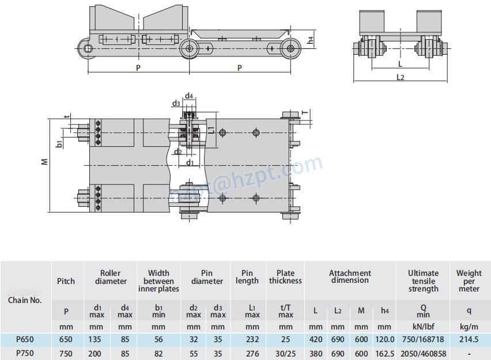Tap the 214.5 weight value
(x=469, y=340)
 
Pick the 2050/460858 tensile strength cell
(x=423, y=353)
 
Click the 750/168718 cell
(x=423, y=340)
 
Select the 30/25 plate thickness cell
(x=285, y=353)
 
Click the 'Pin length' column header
(x=247, y=277)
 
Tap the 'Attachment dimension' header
(x=350, y=276)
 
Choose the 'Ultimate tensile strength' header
(x=423, y=281)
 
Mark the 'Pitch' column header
(x=66, y=281)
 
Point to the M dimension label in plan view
(x=45, y=162)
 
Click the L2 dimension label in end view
(x=401, y=77)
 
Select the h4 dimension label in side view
(x=311, y=40)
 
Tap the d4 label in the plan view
(x=189, y=96)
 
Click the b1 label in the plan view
(x=59, y=143)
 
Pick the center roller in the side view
(x=188, y=48)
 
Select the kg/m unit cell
(x=469, y=326)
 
